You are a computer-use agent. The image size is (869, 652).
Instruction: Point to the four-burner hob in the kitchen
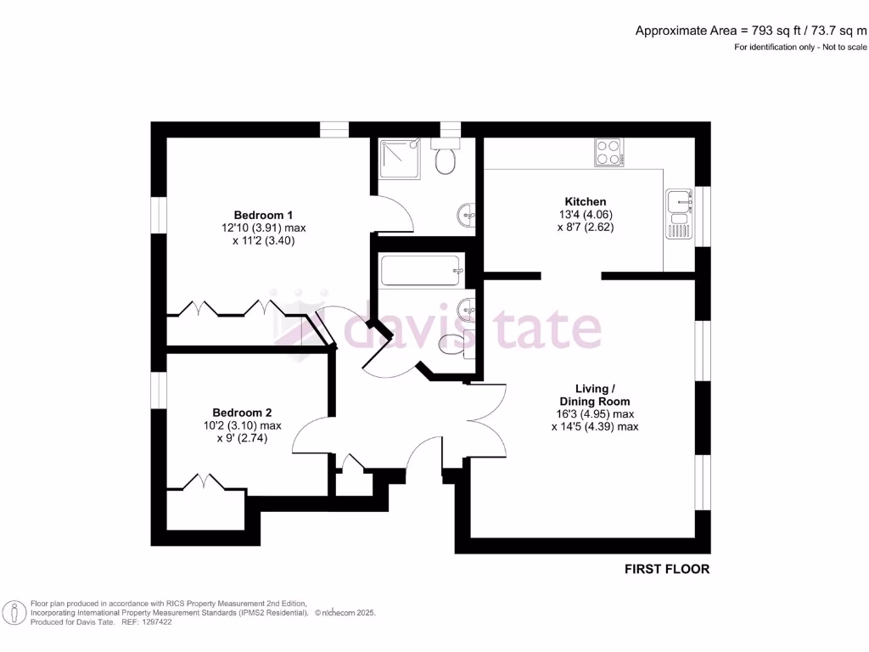point(608,151)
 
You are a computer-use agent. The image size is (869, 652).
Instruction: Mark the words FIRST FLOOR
point(667,569)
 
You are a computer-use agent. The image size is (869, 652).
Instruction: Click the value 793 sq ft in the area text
point(754,31)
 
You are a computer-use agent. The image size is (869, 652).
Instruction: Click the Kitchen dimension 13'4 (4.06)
point(586,214)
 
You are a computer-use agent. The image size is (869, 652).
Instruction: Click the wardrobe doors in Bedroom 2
point(203,482)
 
